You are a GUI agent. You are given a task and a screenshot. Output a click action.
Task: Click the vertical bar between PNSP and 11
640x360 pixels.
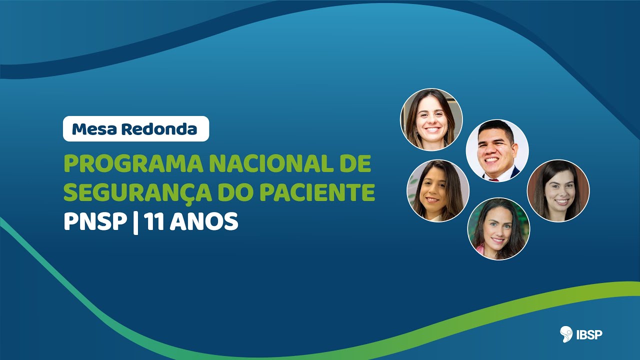click(x=135, y=221)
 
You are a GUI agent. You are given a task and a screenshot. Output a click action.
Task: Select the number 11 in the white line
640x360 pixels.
click(x=154, y=221)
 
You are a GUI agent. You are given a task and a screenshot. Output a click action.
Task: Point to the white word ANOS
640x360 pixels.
click(x=204, y=221)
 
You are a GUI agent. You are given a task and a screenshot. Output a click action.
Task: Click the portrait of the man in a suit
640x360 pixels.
click(x=497, y=150)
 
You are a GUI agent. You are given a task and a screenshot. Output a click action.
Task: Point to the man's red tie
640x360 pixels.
click(x=496, y=178)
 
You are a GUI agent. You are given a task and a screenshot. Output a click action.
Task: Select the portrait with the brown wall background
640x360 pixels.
click(x=558, y=190)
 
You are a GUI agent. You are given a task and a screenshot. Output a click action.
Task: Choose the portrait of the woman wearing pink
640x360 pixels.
click(x=498, y=229)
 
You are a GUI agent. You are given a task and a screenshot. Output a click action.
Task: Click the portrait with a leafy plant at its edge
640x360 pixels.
click(x=438, y=191)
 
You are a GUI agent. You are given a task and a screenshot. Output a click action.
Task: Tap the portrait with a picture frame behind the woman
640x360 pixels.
click(x=431, y=119)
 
